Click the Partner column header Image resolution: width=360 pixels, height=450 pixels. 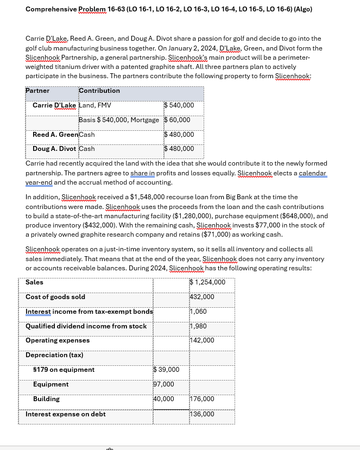click(x=37, y=91)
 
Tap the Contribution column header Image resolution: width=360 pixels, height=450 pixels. click(x=99, y=91)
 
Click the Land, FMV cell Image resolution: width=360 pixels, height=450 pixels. click(x=95, y=105)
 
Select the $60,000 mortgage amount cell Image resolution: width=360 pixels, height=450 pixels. click(x=177, y=120)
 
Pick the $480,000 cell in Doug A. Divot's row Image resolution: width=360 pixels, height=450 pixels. click(x=179, y=149)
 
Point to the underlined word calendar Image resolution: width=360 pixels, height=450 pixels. click(x=312, y=173)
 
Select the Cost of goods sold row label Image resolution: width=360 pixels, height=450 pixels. click(x=55, y=297)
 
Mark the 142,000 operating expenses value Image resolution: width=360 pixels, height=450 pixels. click(x=202, y=340)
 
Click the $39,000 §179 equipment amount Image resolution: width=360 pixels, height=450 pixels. click(x=169, y=370)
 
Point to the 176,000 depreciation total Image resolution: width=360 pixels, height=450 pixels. click(x=202, y=399)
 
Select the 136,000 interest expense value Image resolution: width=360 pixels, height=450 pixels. click(x=202, y=414)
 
